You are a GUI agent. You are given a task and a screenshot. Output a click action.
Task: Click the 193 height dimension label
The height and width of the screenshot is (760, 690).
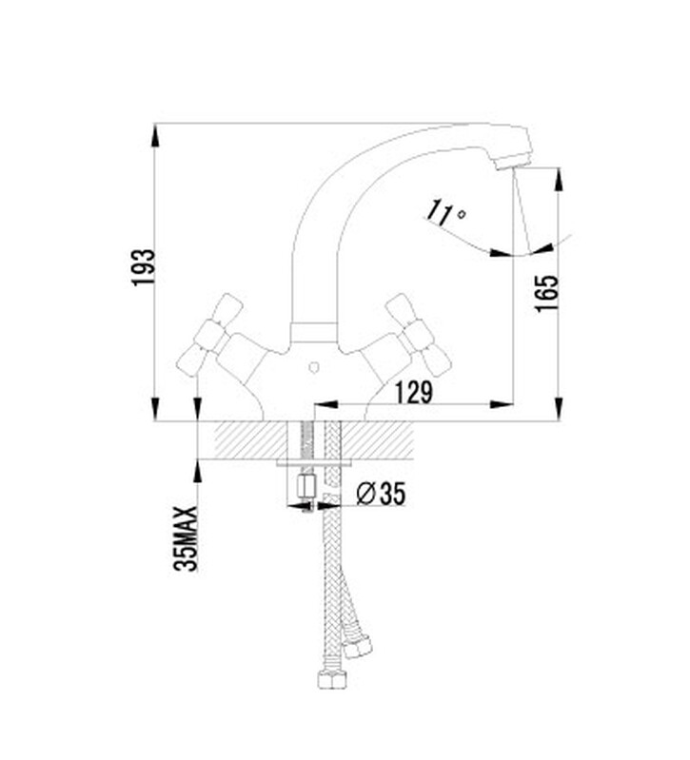click(x=144, y=267)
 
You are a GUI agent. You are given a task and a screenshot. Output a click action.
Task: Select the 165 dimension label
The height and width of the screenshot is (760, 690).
click(x=546, y=294)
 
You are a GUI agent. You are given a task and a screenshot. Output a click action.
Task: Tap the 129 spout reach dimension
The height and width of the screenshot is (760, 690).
click(x=413, y=392)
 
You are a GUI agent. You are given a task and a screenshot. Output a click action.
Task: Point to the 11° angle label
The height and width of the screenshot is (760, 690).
click(x=445, y=213)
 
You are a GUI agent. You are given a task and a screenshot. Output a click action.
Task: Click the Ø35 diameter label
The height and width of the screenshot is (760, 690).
click(x=380, y=494)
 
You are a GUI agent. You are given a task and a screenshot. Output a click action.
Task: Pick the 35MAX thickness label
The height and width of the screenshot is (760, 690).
click(x=187, y=539)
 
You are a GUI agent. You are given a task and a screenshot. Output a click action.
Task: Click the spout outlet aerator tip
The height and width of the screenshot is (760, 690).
click(x=513, y=163)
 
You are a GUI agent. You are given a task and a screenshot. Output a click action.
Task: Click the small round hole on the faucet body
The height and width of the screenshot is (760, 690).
click(x=314, y=368)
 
